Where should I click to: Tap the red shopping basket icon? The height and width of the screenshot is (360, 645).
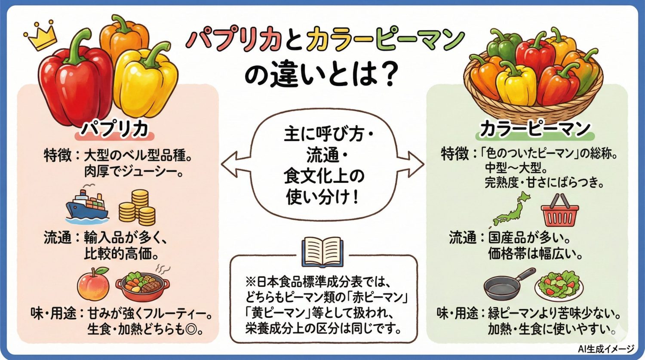coord(559,211)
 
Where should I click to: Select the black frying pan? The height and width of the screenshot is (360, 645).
coord(507,284)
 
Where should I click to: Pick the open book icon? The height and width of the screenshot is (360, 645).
coord(322,252)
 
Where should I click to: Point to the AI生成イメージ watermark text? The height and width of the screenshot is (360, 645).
coord(606,349)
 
